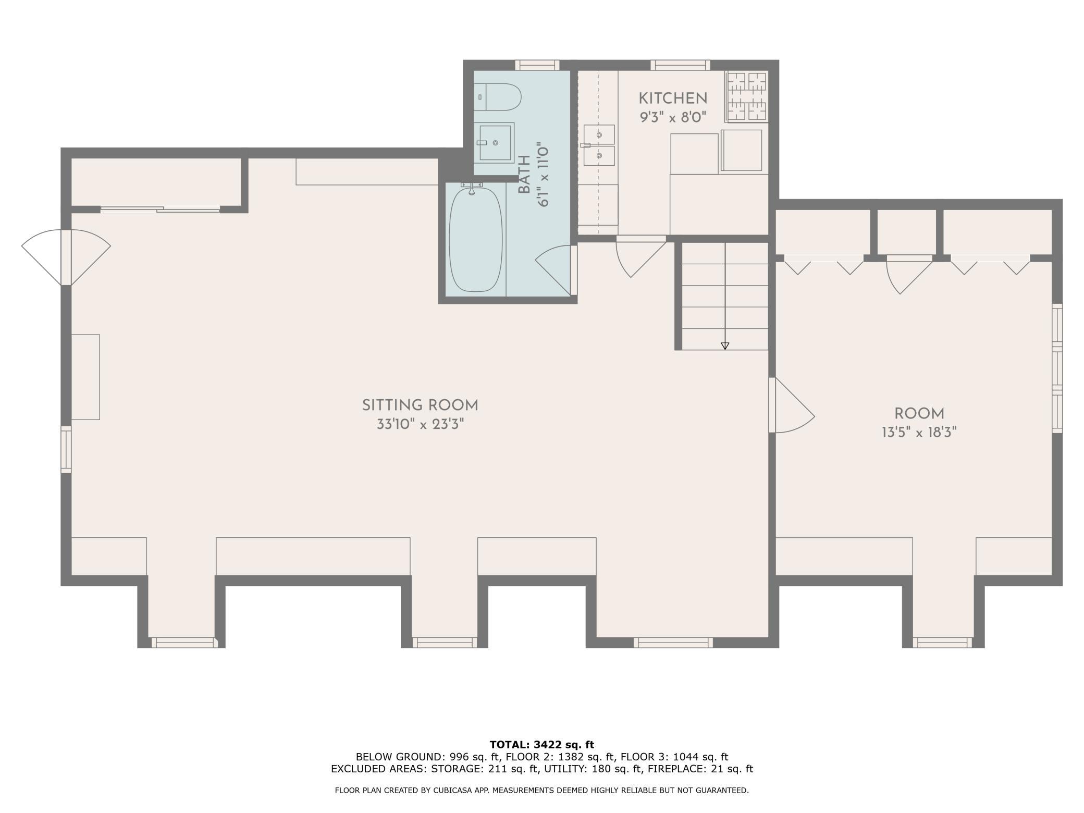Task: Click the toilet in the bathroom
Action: click(498, 97)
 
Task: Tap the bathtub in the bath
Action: click(476, 239)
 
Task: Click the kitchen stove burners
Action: click(747, 96)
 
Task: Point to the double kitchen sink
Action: click(599, 145)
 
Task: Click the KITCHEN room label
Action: click(673, 98)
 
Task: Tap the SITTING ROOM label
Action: click(420, 405)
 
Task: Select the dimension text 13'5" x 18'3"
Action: click(919, 433)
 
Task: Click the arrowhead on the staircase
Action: click(725, 346)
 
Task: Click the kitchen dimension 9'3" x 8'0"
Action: click(673, 117)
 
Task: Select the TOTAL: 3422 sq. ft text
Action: click(542, 745)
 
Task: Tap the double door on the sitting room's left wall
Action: click(66, 257)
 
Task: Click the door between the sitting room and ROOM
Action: click(792, 405)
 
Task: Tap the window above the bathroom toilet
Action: click(537, 65)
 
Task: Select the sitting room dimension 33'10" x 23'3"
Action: click(420, 424)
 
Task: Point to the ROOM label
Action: click(919, 414)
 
